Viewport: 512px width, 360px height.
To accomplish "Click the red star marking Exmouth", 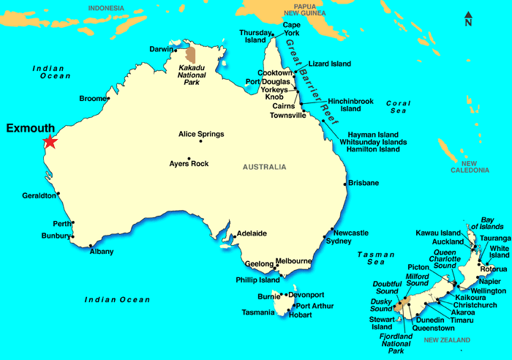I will pyautogui.click(x=50, y=141).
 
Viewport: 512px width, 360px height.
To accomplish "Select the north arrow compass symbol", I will pyautogui.click(x=468, y=19).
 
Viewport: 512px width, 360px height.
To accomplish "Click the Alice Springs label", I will pyautogui.click(x=201, y=134).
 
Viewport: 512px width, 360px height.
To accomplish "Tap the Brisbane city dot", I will pyautogui.click(x=345, y=184).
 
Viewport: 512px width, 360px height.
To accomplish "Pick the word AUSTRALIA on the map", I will pyautogui.click(x=265, y=167).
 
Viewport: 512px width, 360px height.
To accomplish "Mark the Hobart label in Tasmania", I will pyautogui.click(x=300, y=315).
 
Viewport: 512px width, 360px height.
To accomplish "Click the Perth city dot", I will pyautogui.click(x=73, y=223).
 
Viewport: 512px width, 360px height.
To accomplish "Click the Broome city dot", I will pyautogui.click(x=108, y=98).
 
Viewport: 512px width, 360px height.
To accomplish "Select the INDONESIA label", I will pyautogui.click(x=106, y=8).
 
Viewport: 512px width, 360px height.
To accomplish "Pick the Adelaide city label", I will pyautogui.click(x=250, y=233).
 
